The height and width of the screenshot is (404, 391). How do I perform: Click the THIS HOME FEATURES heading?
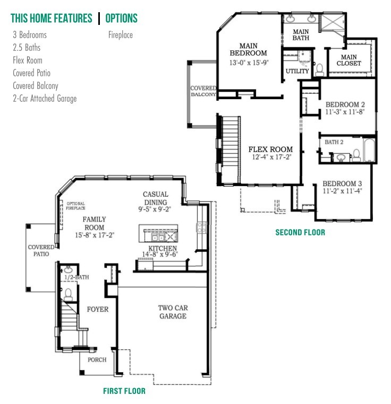(x=52, y=19)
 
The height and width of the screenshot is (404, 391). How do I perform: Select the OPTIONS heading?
(x=121, y=19)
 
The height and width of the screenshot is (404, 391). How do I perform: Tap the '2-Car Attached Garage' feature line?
(x=45, y=99)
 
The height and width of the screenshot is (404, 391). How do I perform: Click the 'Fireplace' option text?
(x=120, y=35)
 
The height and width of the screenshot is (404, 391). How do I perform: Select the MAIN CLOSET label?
(x=349, y=60)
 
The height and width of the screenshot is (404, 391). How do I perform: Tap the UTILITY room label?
(x=297, y=71)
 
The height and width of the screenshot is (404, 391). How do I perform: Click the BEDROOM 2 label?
(x=345, y=104)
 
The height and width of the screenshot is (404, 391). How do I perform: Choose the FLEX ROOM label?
(x=270, y=150)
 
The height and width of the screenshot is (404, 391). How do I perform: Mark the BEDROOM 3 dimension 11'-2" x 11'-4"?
(x=342, y=191)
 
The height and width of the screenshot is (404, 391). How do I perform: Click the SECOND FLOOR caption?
(x=300, y=232)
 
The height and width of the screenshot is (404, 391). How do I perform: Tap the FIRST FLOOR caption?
(x=124, y=391)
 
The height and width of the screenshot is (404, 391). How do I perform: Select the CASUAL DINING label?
(x=155, y=198)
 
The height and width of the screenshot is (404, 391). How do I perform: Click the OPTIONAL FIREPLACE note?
(x=75, y=206)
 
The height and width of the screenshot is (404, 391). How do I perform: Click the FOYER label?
(x=98, y=309)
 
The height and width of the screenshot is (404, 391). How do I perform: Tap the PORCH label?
(x=97, y=359)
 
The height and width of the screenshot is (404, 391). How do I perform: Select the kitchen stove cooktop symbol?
(x=202, y=228)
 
